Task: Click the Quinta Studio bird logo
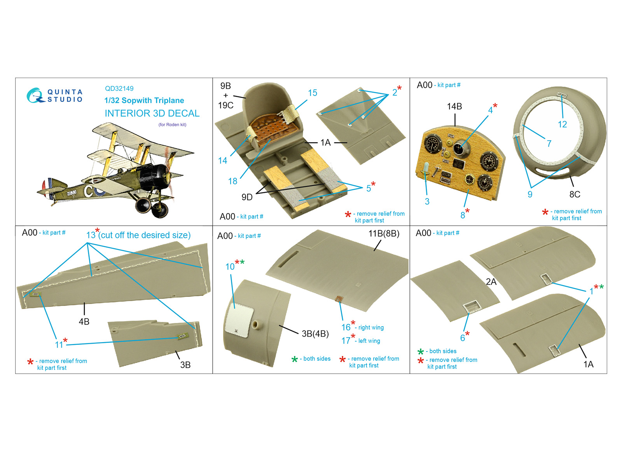35,96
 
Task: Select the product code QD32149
119,89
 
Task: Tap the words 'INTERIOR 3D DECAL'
152,113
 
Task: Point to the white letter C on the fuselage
89,191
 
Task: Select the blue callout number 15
313,93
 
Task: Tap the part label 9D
247,197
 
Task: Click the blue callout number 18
233,181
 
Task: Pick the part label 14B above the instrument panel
454,107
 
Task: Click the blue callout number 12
562,124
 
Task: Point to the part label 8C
575,194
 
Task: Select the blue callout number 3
427,201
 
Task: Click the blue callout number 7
549,143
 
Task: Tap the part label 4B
84,322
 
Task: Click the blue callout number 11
59,345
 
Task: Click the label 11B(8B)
384,234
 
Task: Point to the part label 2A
491,282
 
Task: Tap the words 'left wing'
369,341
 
